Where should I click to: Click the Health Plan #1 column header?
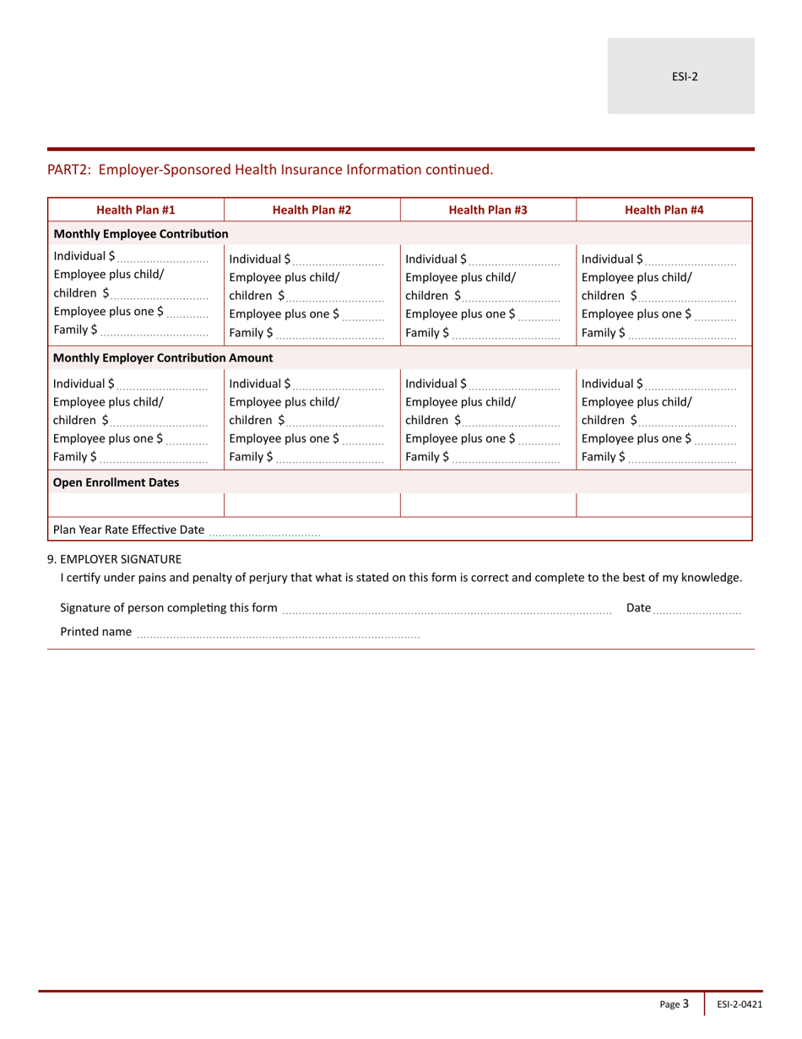click(x=136, y=209)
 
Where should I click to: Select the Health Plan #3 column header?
click(x=488, y=209)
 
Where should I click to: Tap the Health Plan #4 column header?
click(x=664, y=209)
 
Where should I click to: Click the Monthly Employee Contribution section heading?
click(x=141, y=233)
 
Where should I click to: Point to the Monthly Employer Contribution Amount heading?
click(x=163, y=358)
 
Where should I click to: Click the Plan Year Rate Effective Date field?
click(x=264, y=530)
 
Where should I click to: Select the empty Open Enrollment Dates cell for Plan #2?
click(x=312, y=505)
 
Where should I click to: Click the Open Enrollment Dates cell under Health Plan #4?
click(x=664, y=505)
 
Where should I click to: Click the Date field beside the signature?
click(x=697, y=608)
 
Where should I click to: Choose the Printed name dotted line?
click(x=278, y=632)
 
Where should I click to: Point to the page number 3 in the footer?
click(x=685, y=1004)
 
